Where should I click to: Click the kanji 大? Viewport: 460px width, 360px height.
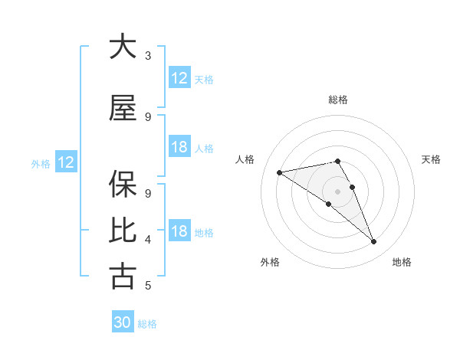[123, 47]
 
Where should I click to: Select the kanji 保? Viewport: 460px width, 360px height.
[123, 185]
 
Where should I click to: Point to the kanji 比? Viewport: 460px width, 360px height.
[123, 231]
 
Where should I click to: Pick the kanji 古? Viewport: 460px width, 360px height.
[123, 277]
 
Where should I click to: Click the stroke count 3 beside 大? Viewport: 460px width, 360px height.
[148, 55]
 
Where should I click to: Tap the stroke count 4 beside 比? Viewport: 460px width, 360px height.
[148, 239]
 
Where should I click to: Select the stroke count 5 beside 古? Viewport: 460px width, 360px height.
[148, 286]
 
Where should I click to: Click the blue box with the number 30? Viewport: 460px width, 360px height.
[123, 322]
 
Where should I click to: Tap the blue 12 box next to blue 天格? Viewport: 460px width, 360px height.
[179, 78]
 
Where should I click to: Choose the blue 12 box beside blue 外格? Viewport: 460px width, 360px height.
[66, 162]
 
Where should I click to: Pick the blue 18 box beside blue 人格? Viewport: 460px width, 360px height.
[179, 147]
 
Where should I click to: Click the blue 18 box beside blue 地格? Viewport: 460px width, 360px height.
[179, 231]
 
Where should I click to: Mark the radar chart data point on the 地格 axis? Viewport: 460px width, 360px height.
[374, 242]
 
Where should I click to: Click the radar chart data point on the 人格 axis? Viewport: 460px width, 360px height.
[280, 172]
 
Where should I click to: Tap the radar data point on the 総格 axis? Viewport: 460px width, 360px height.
[337, 161]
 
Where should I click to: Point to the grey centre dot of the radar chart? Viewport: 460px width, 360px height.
[337, 191]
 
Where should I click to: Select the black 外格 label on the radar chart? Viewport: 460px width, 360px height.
[270, 263]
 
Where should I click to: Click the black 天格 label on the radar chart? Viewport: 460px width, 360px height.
[432, 159]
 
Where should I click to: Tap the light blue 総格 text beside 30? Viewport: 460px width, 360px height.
[147, 324]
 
